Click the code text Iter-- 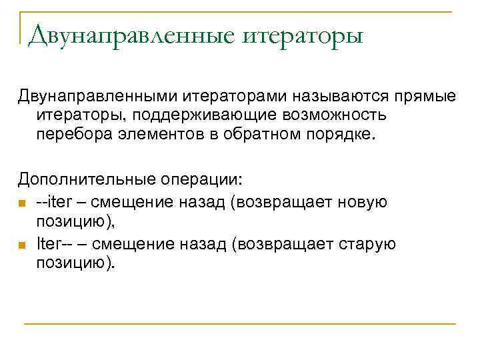54,244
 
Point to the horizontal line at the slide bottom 240,323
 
